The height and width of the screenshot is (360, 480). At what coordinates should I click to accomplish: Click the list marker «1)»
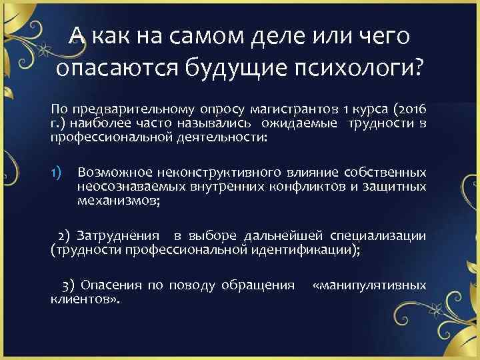pyautogui.click(x=57, y=175)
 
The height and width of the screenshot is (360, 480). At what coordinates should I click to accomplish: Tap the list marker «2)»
pyautogui.click(x=65, y=236)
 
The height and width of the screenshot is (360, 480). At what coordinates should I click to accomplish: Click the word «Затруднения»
pyautogui.click(x=118, y=236)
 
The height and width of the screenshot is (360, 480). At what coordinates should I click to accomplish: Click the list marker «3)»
pyautogui.click(x=67, y=285)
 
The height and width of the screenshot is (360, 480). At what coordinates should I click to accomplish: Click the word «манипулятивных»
pyautogui.click(x=369, y=285)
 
